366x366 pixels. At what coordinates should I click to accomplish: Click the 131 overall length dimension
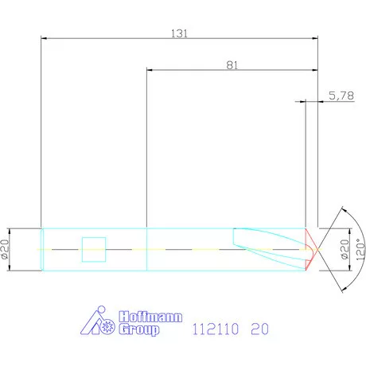pyautogui.click(x=180, y=33)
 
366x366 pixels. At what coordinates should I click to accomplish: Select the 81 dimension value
pyautogui.click(x=232, y=66)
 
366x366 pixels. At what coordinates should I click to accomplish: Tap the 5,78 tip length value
pyautogui.click(x=340, y=96)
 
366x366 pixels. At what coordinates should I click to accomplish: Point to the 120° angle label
pyautogui.click(x=359, y=248)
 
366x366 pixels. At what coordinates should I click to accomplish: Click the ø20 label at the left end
pyautogui.click(x=6, y=249)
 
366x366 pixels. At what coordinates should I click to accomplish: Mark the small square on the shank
pyautogui.click(x=94, y=249)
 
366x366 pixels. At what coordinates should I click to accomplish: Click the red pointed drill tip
pyautogui.click(x=312, y=249)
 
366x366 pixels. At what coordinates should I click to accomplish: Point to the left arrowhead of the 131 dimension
pyautogui.click(x=45, y=37)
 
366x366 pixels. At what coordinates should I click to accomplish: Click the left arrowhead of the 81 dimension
pyautogui.click(x=151, y=70)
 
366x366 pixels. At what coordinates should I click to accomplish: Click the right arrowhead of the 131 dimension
pyautogui.click(x=314, y=37)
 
